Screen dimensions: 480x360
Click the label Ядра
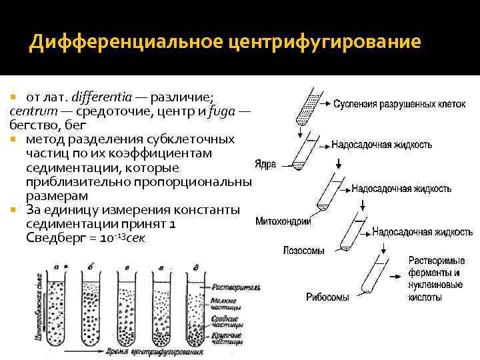point(265,164)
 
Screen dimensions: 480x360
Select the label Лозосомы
point(303,251)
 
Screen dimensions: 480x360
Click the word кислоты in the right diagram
point(424,297)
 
